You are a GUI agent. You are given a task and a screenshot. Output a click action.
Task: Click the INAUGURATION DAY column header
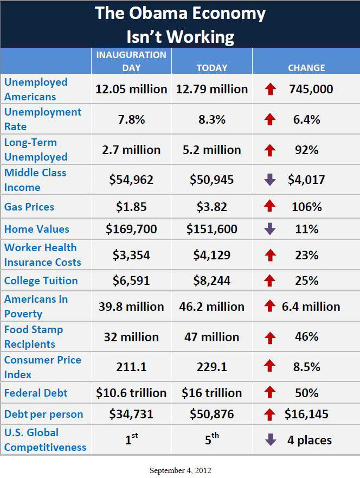click(x=131, y=61)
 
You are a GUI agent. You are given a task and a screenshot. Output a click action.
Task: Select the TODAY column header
click(x=212, y=68)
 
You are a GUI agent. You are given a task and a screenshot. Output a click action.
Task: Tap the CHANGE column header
click(x=306, y=68)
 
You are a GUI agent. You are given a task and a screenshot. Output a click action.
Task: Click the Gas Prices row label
click(x=29, y=207)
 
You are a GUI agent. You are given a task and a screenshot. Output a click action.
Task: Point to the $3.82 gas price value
click(x=212, y=207)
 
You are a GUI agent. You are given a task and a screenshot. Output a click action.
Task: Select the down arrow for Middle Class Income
click(x=270, y=180)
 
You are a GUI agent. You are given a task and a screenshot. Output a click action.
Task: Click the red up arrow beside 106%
click(x=270, y=207)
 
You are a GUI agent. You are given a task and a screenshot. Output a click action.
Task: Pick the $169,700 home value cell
click(x=131, y=229)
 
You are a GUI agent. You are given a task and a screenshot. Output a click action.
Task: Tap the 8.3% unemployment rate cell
click(x=212, y=119)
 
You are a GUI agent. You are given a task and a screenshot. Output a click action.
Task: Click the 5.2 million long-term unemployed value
click(x=212, y=150)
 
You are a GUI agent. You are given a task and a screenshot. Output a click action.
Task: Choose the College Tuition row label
click(x=41, y=281)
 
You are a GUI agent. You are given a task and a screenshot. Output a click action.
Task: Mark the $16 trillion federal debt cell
click(x=212, y=392)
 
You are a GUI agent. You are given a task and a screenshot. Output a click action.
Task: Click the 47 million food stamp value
click(x=212, y=337)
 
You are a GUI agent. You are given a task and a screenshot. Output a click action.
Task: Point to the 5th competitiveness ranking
click(x=211, y=439)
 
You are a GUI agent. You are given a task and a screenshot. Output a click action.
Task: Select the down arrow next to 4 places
click(x=270, y=439)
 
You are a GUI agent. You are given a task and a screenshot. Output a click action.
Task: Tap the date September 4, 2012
click(x=180, y=470)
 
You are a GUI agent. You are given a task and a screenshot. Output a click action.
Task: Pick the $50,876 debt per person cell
click(x=212, y=415)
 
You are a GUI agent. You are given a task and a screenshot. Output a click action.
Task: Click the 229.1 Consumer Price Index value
click(x=212, y=367)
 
